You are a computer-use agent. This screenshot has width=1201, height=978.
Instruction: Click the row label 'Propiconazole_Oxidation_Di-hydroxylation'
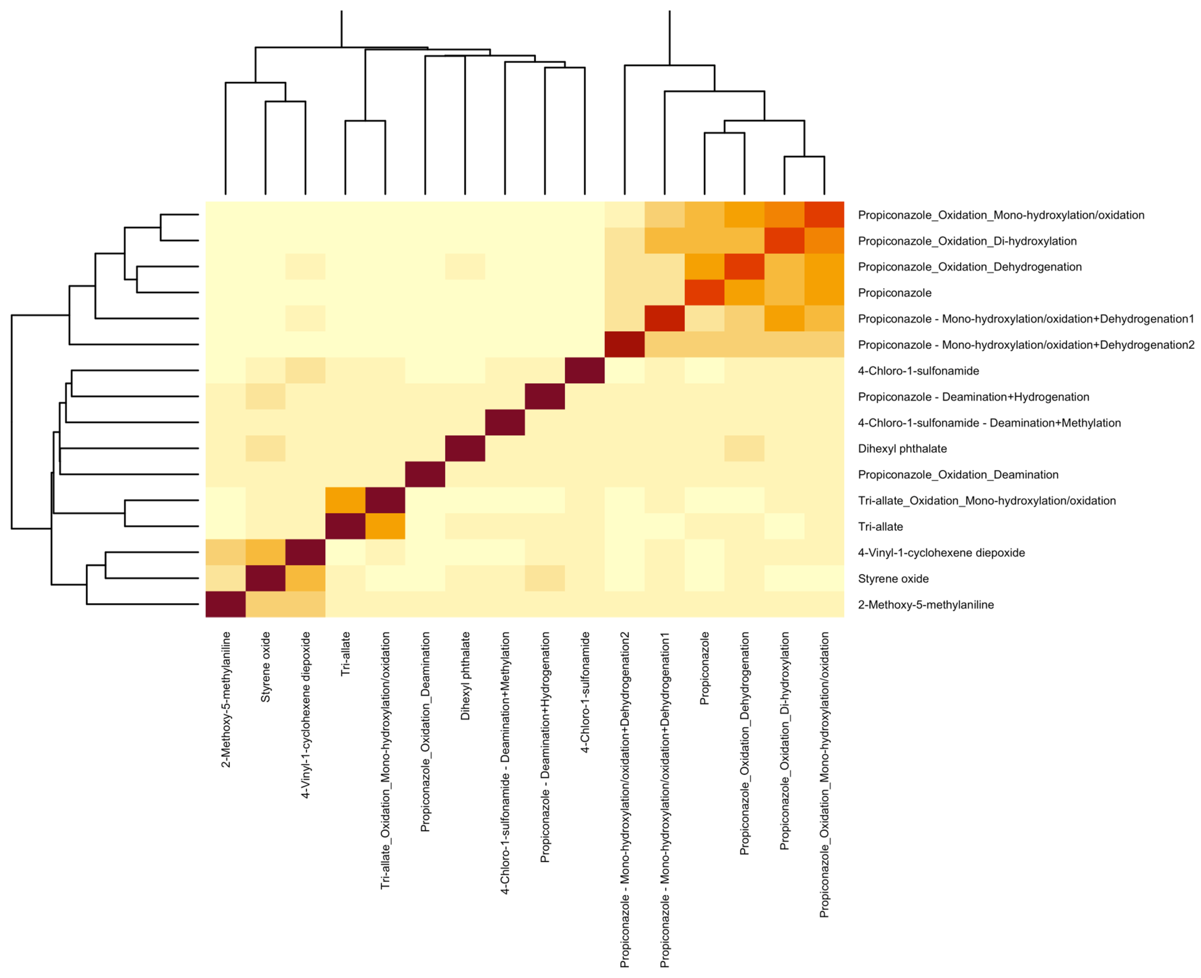tap(967, 241)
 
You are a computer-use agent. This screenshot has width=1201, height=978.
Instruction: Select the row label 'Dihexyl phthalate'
tap(902, 449)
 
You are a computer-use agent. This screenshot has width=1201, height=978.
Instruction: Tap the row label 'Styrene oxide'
tap(893, 578)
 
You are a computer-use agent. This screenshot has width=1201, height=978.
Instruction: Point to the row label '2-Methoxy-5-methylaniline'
tap(925, 605)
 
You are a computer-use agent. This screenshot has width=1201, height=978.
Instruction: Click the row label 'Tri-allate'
tap(880, 527)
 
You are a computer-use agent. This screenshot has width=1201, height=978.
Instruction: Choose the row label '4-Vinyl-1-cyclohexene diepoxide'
tap(941, 553)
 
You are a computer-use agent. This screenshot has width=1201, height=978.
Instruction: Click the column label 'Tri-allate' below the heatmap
tap(345, 653)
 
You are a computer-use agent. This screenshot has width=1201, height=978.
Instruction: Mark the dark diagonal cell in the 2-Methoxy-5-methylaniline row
tap(225, 605)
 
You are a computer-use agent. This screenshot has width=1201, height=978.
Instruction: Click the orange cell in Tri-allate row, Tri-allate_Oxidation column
tap(385, 527)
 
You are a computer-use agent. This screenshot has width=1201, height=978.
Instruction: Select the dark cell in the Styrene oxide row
tap(265, 578)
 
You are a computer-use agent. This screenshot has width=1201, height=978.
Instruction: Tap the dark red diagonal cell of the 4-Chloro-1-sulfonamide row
tap(585, 371)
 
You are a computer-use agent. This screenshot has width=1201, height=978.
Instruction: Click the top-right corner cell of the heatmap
tap(824, 215)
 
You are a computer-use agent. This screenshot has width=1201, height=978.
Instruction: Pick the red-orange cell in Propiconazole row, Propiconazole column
tap(704, 293)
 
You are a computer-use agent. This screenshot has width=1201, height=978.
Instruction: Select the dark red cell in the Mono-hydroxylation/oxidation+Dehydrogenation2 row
tap(624, 345)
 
